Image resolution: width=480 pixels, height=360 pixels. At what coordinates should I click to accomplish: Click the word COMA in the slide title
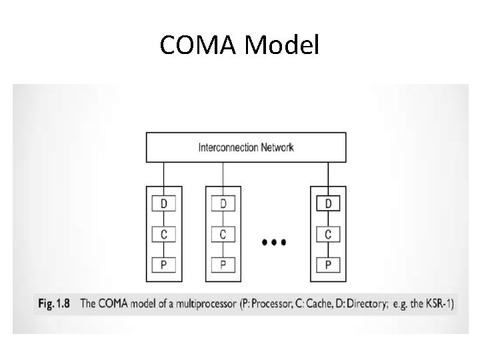coord(198,45)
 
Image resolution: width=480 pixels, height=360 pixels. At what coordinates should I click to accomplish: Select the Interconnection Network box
coord(246,147)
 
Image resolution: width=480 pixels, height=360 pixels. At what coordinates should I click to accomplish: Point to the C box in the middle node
coord(223,235)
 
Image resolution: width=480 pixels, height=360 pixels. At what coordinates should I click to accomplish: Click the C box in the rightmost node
coord(327,235)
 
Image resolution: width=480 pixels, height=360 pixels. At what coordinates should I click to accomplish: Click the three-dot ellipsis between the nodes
coord(275,242)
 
